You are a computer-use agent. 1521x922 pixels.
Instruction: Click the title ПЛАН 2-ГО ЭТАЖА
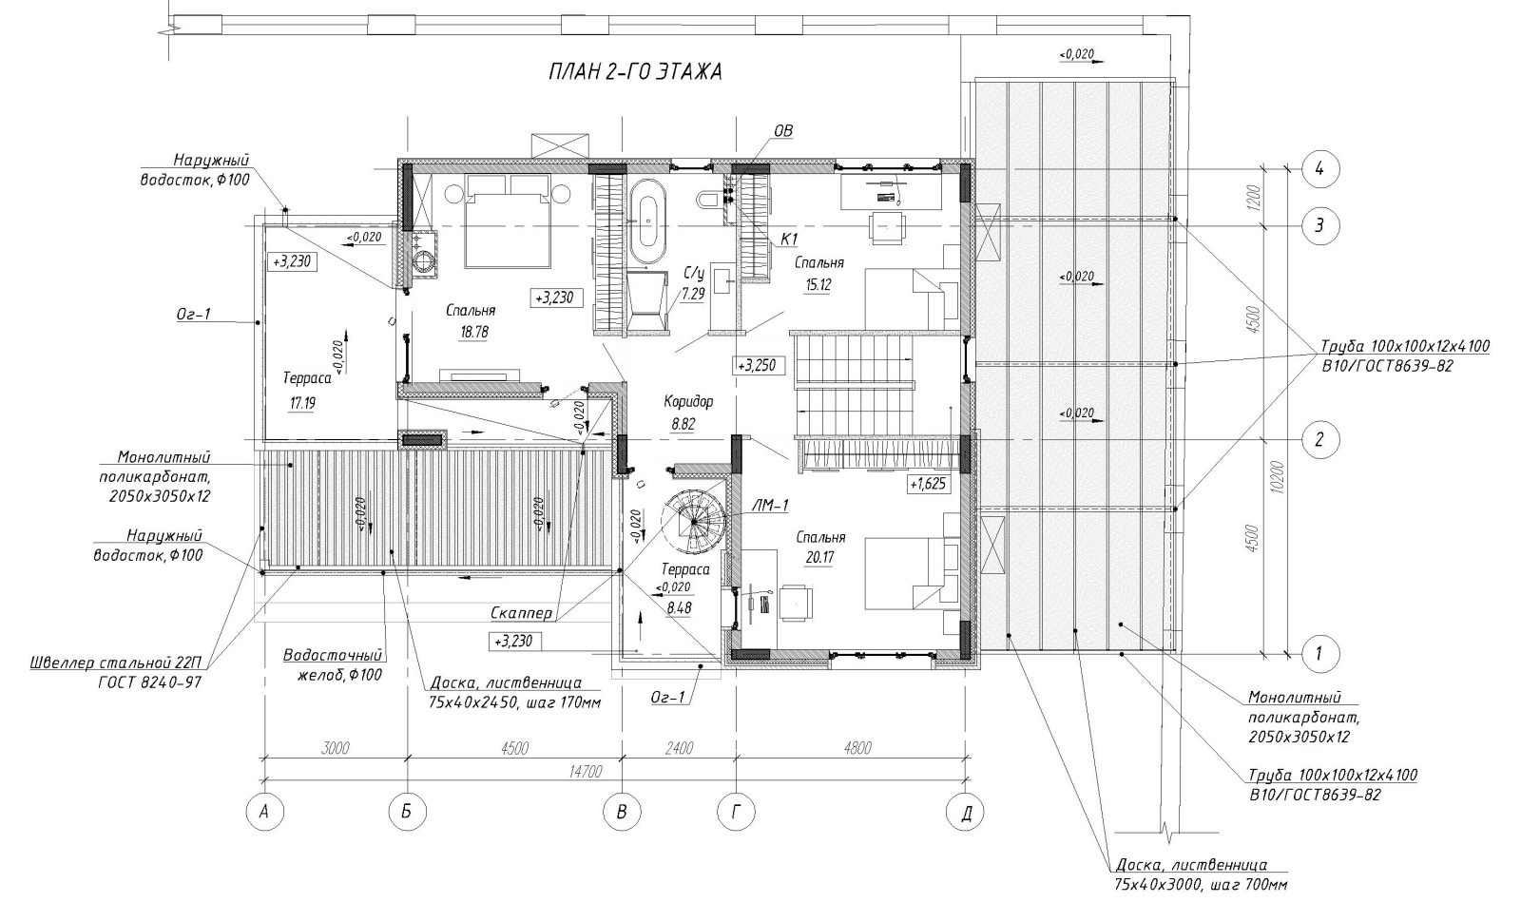635,72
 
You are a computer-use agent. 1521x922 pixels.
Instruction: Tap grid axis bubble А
265,812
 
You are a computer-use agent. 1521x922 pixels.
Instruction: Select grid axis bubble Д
966,812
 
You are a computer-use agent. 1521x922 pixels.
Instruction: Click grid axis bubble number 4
1319,169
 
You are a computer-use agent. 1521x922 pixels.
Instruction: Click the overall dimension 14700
586,772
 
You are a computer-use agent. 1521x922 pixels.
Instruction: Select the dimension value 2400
679,748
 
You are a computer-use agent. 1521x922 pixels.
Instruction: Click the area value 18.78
474,333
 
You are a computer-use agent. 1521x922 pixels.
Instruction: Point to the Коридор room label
688,402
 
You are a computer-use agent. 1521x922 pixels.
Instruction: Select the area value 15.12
818,284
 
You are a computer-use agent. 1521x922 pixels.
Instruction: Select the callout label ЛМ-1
769,505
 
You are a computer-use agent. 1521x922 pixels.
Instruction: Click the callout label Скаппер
522,613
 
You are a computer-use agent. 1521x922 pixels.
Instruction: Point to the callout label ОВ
783,130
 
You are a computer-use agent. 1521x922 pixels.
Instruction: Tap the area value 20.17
820,558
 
